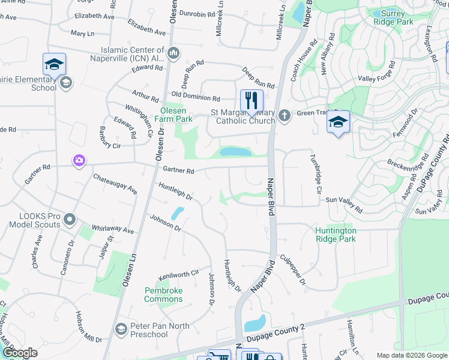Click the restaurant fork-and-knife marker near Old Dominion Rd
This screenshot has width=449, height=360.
(252, 100)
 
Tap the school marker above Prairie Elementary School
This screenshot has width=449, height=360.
(54, 64)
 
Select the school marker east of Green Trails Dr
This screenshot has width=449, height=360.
(339, 122)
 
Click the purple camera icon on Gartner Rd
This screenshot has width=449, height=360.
(79, 160)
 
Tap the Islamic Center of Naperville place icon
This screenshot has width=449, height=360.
(174, 53)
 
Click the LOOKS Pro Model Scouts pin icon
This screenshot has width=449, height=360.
(70, 220)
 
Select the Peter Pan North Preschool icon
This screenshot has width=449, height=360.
(121, 329)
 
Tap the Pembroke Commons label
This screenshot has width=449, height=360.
(163, 295)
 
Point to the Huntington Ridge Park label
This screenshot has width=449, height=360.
(336, 235)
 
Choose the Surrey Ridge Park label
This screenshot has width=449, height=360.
(393, 17)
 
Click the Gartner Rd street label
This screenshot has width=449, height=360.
(182, 171)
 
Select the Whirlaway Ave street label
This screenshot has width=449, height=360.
(112, 229)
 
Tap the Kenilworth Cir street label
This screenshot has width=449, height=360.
(178, 275)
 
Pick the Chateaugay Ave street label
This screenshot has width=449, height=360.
(115, 184)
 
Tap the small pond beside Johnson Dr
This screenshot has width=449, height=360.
(178, 214)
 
